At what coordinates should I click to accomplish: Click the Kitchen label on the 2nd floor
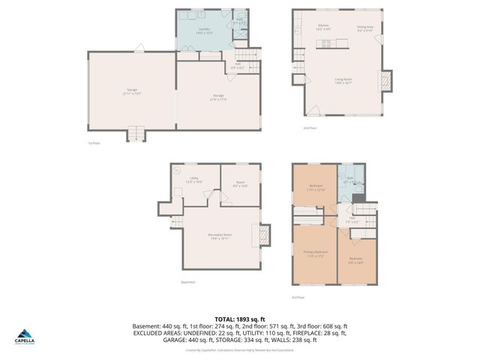[324, 26]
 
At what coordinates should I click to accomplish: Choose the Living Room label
[343, 80]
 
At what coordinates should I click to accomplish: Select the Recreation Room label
[220, 235]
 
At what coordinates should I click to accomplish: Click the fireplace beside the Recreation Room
[262, 235]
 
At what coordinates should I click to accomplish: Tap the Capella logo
[26, 337]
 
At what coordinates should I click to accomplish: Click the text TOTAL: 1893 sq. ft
[239, 318]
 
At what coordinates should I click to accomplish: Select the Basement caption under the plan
[187, 283]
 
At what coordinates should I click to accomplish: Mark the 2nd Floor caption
[299, 127]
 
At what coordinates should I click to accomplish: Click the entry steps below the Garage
[135, 134]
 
